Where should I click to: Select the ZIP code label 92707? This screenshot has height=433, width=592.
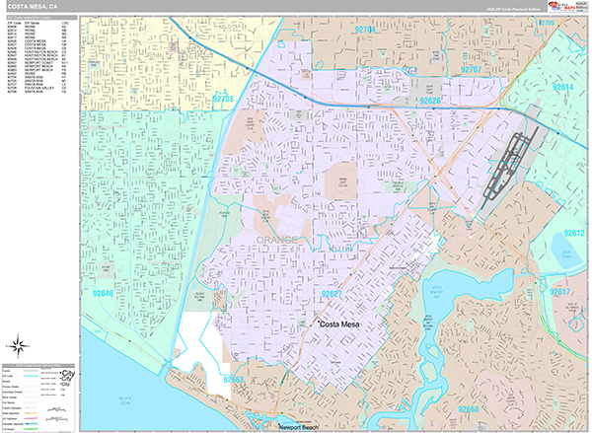coord(471,70)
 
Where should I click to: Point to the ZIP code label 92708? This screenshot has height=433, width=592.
coord(223,98)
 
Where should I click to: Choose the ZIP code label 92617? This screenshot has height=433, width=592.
coord(560,293)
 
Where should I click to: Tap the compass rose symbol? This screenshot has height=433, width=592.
coord(19,345)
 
